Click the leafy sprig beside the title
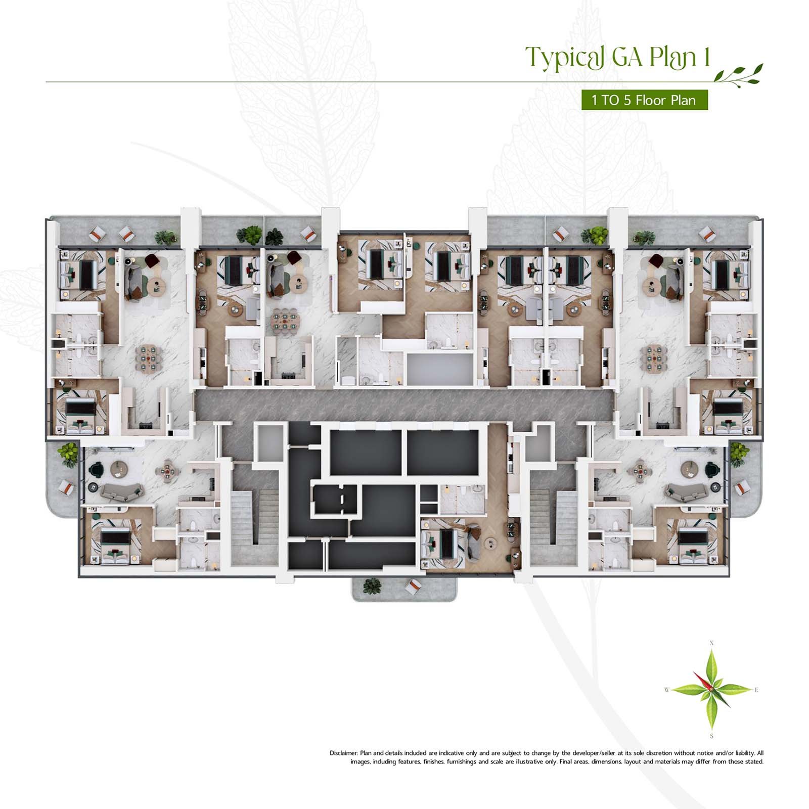coord(738,74)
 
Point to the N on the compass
coord(711,643)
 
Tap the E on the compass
coord(756,690)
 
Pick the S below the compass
coord(711,736)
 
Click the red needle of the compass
coord(703,681)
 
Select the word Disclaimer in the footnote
coord(344,753)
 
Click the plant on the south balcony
coord(372,586)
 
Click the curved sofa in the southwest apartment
coord(121,490)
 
